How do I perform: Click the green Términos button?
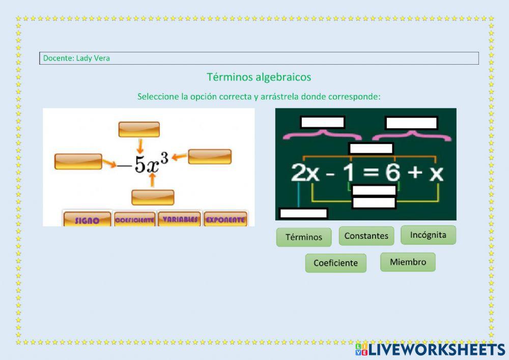click(303, 237)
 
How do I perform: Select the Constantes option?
click(366, 236)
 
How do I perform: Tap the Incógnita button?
click(428, 235)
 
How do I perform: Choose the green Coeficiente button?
click(335, 263)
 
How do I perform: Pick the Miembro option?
click(408, 262)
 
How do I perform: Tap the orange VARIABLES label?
click(179, 219)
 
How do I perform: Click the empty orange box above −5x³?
click(139, 129)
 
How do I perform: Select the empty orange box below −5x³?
click(153, 197)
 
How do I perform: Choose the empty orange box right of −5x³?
click(210, 156)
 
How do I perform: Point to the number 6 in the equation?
click(392, 173)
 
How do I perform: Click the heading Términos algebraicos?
click(259, 77)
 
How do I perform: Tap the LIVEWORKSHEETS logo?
click(430, 349)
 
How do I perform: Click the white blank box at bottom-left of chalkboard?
click(303, 213)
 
